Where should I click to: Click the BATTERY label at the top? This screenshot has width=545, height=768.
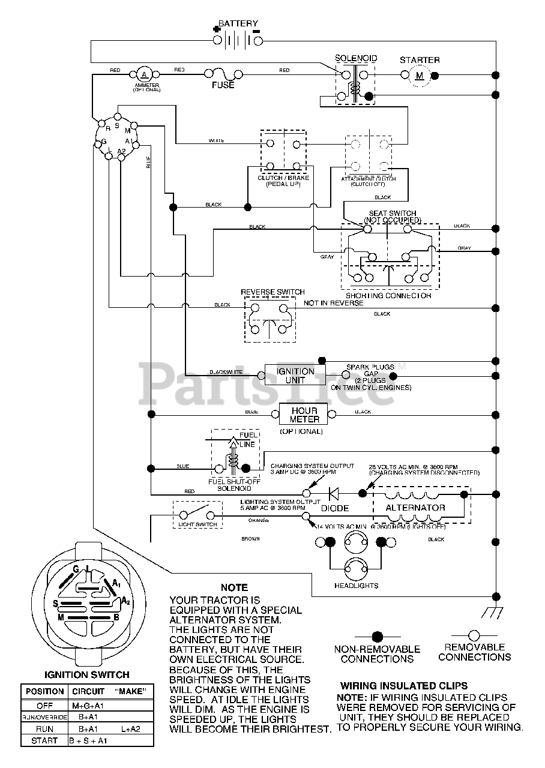[x=238, y=23]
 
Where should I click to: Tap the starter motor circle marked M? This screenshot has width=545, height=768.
[x=420, y=75]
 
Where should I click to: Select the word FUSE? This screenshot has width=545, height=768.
[x=223, y=85]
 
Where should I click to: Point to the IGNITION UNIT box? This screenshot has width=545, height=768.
[x=295, y=376]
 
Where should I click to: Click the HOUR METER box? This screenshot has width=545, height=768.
[x=304, y=415]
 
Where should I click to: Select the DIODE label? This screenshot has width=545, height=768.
[x=335, y=508]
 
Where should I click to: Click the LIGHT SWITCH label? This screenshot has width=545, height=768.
[x=197, y=525]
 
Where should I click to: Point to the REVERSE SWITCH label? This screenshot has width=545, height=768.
[x=272, y=292]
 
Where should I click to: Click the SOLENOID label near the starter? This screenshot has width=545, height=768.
[x=356, y=58]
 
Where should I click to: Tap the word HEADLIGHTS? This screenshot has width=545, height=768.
[x=357, y=586]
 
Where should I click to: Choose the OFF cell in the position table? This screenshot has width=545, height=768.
[x=44, y=706]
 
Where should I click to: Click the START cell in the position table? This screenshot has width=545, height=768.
[x=44, y=741]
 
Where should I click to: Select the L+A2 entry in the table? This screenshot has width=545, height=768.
[x=130, y=729]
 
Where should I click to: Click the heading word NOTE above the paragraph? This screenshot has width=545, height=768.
[x=234, y=587]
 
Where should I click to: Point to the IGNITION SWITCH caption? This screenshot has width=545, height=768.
[x=87, y=674]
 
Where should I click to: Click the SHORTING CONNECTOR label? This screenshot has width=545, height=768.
[x=388, y=296]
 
